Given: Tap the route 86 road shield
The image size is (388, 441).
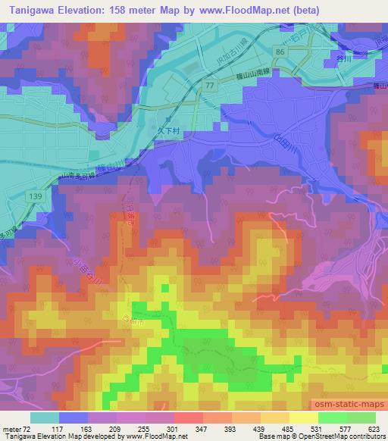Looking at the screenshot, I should point(281,51).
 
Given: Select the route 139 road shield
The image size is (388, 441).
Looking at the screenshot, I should point(35,195).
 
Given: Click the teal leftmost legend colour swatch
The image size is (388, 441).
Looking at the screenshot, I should point(45,418).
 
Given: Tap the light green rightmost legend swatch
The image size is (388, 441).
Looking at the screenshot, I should point(360,418).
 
